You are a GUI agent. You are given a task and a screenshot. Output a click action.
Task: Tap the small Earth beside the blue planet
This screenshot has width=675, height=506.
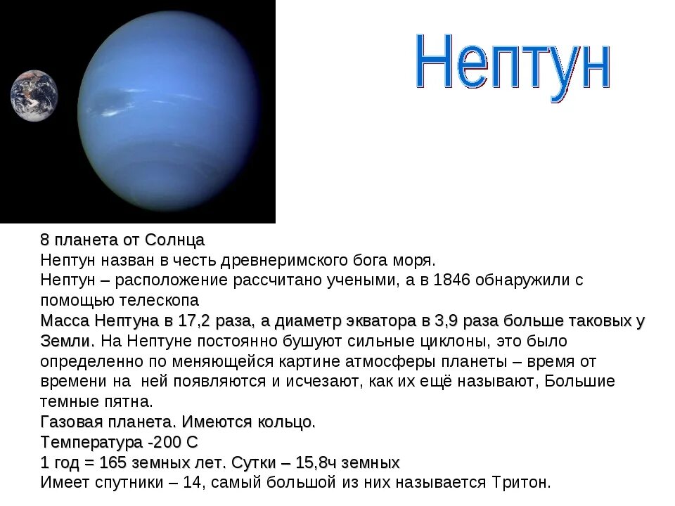(x=34, y=96)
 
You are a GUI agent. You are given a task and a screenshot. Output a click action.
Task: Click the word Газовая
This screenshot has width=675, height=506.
(x=72, y=422)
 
